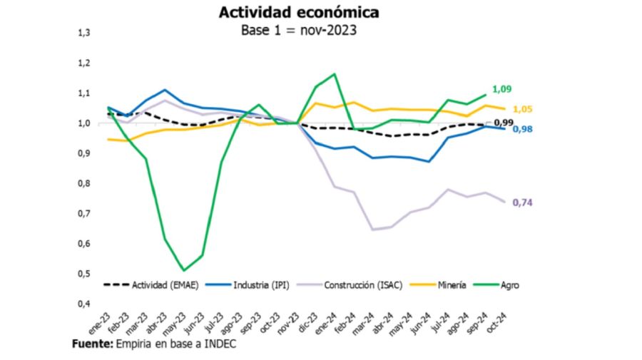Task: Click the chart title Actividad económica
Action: tap(299, 13)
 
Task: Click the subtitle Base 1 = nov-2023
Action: tap(300, 30)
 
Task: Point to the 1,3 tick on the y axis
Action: tap(83, 33)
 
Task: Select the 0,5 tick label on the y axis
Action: tap(83, 274)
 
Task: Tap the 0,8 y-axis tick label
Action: tap(83, 183)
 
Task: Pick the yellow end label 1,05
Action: tap(523, 109)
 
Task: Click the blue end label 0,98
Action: tap(523, 129)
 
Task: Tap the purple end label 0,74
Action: tap(523, 202)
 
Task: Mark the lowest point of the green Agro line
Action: tap(184, 270)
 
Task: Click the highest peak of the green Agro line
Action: tap(335, 73)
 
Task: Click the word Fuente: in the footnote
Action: tap(92, 344)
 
